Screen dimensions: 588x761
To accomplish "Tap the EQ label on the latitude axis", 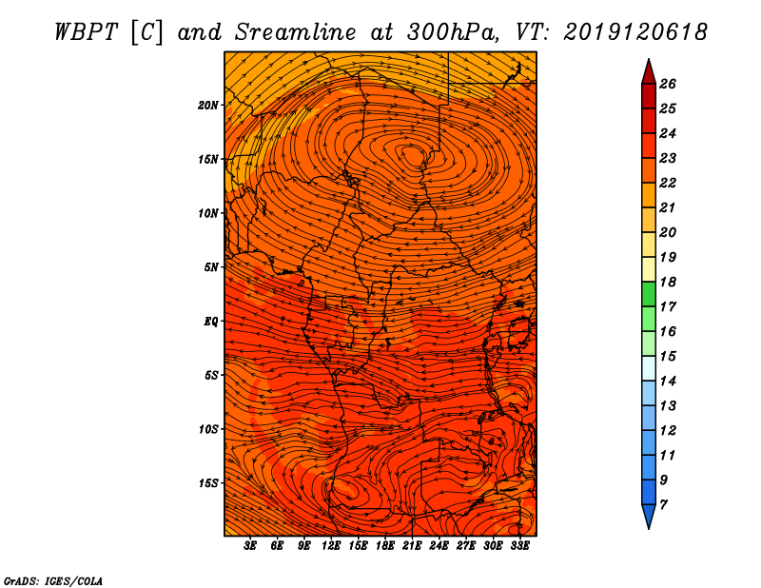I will pyautogui.click(x=211, y=321).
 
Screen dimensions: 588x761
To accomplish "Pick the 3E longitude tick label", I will pyautogui.click(x=251, y=546).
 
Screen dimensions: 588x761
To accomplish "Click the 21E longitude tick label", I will pyautogui.click(x=412, y=546).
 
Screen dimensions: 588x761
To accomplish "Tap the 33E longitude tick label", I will pyautogui.click(x=519, y=546).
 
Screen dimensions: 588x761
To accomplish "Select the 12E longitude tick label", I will pyautogui.click(x=331, y=546).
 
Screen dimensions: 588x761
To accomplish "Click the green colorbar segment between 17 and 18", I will pyautogui.click(x=648, y=294).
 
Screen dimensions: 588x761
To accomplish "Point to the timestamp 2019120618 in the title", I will pyautogui.click(x=635, y=32).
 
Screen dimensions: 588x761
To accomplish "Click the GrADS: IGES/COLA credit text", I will pyautogui.click(x=53, y=579).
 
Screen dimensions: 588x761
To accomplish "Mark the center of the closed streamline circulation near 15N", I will pyautogui.click(x=413, y=154).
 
